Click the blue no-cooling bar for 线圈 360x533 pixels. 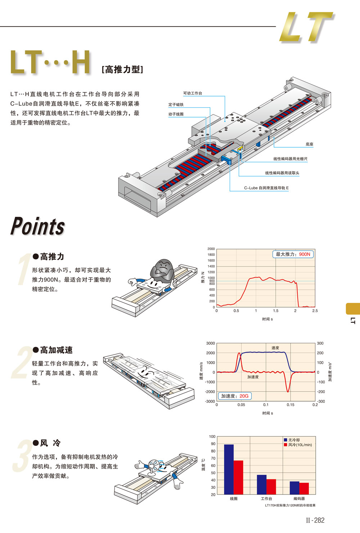(229, 469)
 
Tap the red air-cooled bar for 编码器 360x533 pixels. (304, 488)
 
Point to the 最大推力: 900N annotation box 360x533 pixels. (293, 254)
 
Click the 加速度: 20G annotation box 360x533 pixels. (235, 396)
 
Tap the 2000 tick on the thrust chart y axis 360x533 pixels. (211, 249)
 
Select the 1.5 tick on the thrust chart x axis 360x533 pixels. (276, 311)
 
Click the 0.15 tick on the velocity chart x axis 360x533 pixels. (291, 405)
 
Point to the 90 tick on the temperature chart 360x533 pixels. (213, 444)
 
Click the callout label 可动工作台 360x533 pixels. (193, 93)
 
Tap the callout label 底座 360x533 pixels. (309, 144)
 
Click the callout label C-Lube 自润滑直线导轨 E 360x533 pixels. (266, 188)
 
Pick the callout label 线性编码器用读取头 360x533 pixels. (282, 173)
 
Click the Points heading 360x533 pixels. (38, 227)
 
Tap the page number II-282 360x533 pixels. (315, 520)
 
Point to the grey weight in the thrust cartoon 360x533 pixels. (163, 268)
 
